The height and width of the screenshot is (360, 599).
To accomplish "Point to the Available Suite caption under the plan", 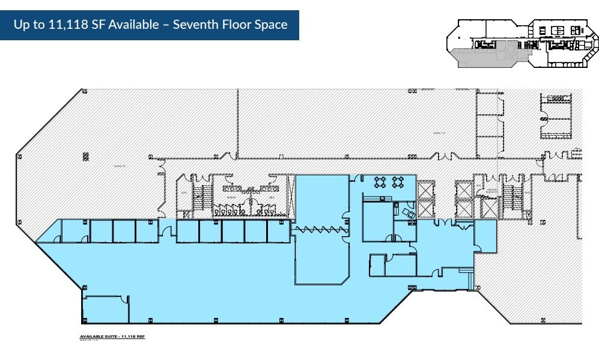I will (112, 337).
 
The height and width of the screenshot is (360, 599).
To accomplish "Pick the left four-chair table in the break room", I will (380, 182).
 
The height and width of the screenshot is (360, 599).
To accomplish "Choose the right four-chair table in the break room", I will (398, 182).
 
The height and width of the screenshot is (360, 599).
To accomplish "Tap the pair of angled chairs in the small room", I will (408, 212).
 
